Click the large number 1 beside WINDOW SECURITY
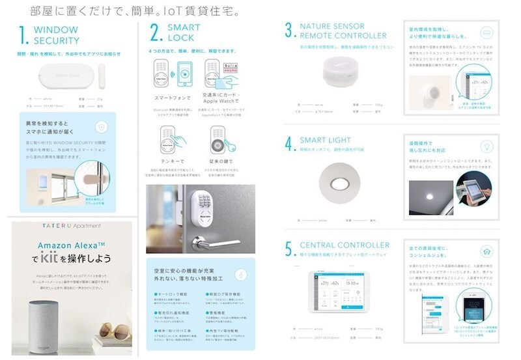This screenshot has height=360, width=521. [22, 35]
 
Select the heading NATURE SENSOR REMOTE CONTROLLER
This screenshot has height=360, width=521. [343, 31]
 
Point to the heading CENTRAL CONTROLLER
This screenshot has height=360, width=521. [345, 245]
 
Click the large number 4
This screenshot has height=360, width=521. [289, 143]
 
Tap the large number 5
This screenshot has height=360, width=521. [289, 249]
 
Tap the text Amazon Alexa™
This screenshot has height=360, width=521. [72, 245]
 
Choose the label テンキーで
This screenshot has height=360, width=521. [170, 160]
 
